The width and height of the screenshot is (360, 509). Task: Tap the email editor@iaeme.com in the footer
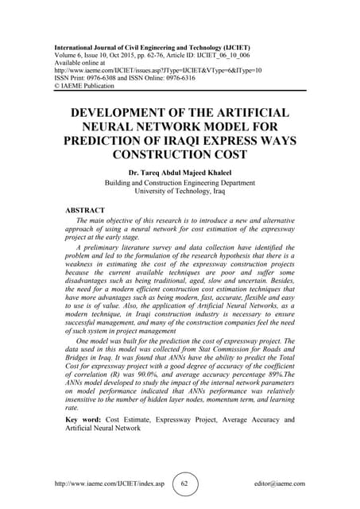click(x=276, y=483)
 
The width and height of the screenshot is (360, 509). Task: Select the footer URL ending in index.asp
click(x=110, y=483)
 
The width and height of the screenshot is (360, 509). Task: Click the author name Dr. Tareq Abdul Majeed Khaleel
click(x=180, y=172)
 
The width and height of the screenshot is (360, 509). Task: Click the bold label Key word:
click(x=85, y=419)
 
